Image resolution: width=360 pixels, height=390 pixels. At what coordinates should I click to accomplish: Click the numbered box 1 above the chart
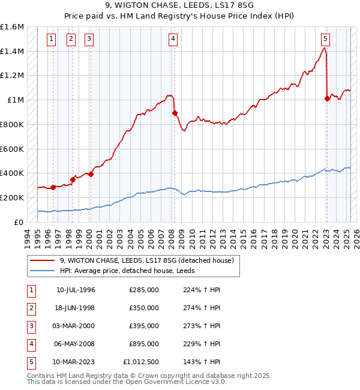(x=52, y=40)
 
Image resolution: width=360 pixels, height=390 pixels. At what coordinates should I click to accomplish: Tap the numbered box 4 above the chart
(x=173, y=40)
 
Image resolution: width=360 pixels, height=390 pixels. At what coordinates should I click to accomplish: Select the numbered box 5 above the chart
(x=325, y=40)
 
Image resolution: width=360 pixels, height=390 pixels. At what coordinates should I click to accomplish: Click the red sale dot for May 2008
(x=175, y=113)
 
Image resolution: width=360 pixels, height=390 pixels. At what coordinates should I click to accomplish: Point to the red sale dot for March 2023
(x=327, y=98)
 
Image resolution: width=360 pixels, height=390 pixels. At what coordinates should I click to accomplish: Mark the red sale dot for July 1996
(x=53, y=187)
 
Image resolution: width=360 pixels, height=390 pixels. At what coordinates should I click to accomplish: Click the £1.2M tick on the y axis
(x=12, y=76)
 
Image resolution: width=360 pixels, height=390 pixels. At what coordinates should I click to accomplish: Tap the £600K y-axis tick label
(x=12, y=149)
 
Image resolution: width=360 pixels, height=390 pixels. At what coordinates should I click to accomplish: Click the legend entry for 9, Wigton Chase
(x=150, y=260)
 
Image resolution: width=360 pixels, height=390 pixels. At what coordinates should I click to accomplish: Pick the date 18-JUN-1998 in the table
(x=76, y=308)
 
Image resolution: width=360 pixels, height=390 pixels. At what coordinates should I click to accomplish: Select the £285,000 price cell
(x=143, y=290)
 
